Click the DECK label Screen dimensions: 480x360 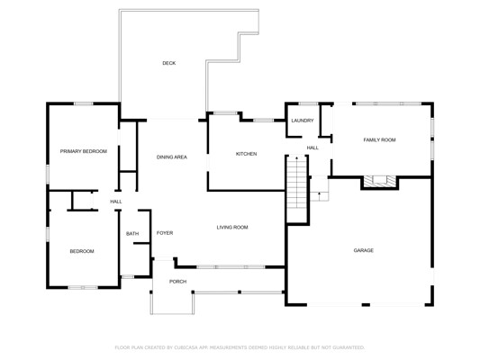coord(169,63)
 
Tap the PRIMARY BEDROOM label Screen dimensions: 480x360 coord(84,151)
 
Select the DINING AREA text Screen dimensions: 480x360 coord(172,157)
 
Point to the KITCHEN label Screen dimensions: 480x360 coord(246,154)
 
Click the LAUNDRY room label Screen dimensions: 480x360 coord(303,121)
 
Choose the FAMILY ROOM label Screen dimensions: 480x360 coord(380,139)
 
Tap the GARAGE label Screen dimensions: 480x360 coord(364,250)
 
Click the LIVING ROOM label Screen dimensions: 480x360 coord(232,228)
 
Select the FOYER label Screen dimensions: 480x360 coord(165,233)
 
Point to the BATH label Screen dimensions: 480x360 coord(132,234)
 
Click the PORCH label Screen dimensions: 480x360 coord(177,282)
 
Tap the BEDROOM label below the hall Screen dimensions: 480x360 coord(82,251)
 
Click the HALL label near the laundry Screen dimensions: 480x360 coord(312,148)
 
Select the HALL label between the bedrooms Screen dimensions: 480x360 coord(116,202)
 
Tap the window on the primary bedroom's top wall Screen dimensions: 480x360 coord(83,104)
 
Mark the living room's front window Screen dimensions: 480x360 coord(231,267)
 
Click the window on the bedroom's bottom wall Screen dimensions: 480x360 coord(83,287)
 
